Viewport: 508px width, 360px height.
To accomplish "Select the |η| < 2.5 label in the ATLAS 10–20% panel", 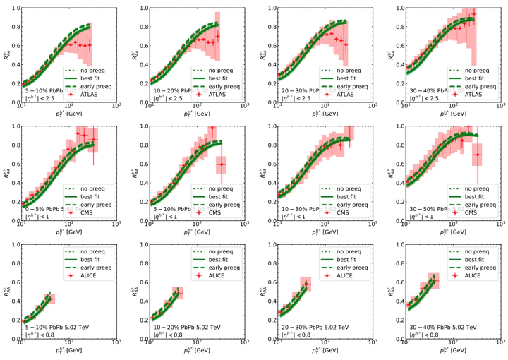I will coord(167,98).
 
